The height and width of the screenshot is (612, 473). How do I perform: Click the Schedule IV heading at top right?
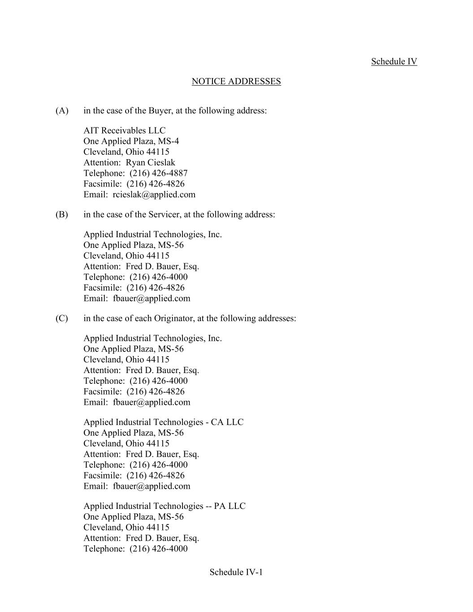394,61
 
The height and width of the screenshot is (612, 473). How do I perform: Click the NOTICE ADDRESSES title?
236,81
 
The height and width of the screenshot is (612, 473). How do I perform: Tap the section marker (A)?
62,111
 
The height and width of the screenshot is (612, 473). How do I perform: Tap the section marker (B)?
62,214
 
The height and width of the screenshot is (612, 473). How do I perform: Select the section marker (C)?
62,318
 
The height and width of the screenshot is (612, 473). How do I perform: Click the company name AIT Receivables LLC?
124,130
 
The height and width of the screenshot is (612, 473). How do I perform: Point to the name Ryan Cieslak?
150,163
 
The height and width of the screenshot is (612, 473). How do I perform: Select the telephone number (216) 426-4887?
159,173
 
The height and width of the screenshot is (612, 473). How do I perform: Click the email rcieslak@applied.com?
154,195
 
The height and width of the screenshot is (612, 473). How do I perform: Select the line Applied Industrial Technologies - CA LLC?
163,422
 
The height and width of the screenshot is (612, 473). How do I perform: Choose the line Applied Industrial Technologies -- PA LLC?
164,506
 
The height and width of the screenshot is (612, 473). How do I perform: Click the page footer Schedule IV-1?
236,572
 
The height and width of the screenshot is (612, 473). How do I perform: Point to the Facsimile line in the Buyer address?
134,184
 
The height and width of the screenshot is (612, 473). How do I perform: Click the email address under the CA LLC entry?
152,486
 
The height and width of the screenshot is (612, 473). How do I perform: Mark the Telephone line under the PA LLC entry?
135,549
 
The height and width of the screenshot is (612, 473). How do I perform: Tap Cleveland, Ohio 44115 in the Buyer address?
126,152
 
